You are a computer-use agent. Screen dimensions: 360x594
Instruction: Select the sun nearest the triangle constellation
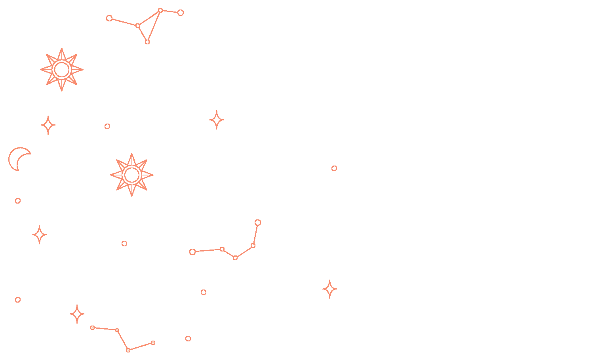click(x=62, y=70)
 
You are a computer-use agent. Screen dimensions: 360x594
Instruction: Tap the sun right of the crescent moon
click(x=132, y=175)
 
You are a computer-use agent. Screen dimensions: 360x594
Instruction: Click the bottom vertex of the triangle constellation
click(x=147, y=42)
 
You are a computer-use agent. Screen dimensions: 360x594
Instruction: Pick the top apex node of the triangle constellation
click(x=160, y=10)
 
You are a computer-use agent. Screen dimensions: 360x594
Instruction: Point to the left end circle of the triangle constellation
click(x=109, y=18)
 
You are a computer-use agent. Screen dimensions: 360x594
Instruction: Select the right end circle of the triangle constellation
click(x=181, y=13)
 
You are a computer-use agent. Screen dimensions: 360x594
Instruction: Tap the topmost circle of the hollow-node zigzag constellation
click(x=258, y=223)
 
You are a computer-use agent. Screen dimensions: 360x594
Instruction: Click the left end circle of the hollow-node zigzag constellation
click(x=192, y=252)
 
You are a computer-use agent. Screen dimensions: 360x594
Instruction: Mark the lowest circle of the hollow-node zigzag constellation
click(x=235, y=258)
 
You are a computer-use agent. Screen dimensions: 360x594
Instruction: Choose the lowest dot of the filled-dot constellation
click(x=128, y=350)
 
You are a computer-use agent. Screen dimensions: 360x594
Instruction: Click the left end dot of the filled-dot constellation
click(x=93, y=328)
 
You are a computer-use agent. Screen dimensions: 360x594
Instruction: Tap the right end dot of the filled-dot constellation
click(x=153, y=343)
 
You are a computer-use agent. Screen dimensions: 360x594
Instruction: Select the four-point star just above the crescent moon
click(x=48, y=125)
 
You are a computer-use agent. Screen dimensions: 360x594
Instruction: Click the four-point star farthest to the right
click(x=329, y=289)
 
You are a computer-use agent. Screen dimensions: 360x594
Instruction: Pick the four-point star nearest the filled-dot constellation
click(x=77, y=314)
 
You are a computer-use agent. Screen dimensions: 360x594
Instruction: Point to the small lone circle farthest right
click(x=334, y=168)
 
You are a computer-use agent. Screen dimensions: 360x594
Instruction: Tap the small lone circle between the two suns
click(x=107, y=126)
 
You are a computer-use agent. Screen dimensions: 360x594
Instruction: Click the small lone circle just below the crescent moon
click(x=18, y=201)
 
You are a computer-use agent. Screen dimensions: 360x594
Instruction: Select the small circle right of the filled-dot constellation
click(x=188, y=339)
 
